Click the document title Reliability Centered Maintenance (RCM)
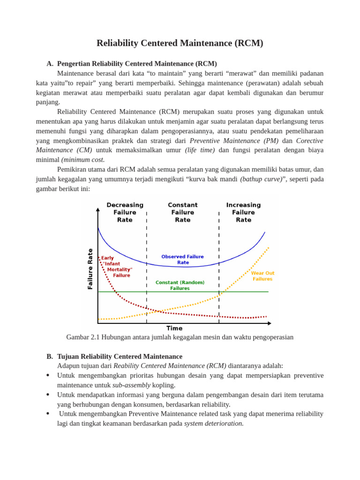(x=180, y=43)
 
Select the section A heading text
(x=137, y=64)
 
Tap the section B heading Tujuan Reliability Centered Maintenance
(x=120, y=356)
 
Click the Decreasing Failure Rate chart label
(x=125, y=212)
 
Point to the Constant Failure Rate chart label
(x=183, y=212)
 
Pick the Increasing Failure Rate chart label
(x=243, y=212)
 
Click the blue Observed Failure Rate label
(x=183, y=260)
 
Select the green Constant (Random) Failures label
(x=180, y=285)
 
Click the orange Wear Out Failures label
(x=262, y=276)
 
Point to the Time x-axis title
(x=174, y=328)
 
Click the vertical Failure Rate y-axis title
(x=90, y=269)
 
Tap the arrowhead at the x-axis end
(x=269, y=323)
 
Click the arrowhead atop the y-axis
(x=98, y=210)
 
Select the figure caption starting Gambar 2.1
(x=180, y=337)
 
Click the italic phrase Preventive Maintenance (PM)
(x=234, y=141)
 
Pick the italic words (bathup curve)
(x=261, y=179)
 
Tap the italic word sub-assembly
(x=131, y=385)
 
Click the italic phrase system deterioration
(x=214, y=423)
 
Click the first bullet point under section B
(x=48, y=375)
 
